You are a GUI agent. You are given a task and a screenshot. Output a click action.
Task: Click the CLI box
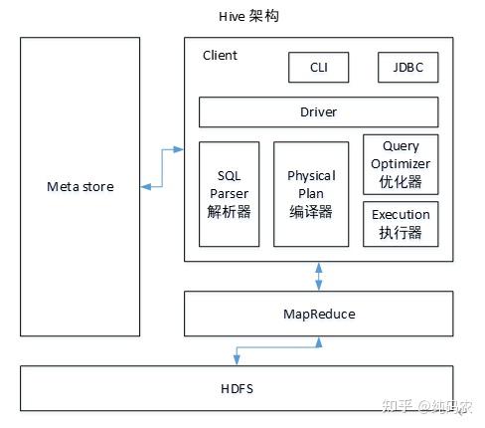[x=319, y=68]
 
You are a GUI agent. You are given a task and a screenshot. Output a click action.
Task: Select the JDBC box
[x=408, y=68]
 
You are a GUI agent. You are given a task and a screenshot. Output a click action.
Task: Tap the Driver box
[x=318, y=112]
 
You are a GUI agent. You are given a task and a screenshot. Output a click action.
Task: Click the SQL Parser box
[x=229, y=193]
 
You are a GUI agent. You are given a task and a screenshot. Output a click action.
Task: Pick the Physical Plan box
[x=311, y=193]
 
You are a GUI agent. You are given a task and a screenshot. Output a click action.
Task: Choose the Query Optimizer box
[x=401, y=163]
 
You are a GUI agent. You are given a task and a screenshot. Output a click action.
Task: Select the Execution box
[x=401, y=223]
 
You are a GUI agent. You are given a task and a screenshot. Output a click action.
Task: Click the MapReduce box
[x=318, y=313]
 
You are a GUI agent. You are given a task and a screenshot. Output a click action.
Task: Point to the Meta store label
[x=81, y=186]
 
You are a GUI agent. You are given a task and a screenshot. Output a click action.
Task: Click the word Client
[x=220, y=56]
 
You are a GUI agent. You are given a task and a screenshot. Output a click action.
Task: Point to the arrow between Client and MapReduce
[x=318, y=276]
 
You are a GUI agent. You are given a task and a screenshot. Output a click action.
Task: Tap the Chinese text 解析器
[x=229, y=211]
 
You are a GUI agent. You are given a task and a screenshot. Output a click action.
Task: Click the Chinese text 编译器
[x=311, y=211]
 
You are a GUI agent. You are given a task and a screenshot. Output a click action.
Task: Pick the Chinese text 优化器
[x=401, y=182]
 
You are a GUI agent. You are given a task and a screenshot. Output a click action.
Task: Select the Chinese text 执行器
[x=401, y=232]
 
